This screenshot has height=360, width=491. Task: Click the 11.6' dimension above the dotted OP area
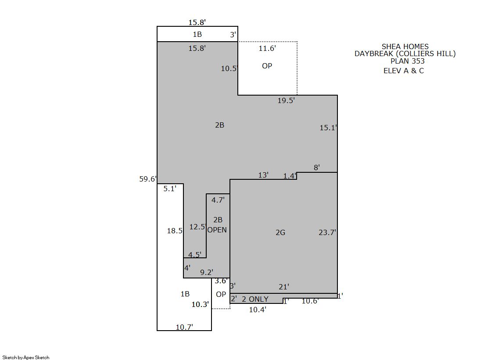coord(267,48)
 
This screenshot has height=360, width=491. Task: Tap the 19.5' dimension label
coord(286,100)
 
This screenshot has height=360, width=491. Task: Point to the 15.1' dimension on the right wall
coord(328,128)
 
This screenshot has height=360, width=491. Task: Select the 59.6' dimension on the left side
coord(148,179)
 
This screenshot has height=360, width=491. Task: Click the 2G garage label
coord(280,232)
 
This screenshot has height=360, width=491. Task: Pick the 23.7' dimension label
coord(327,232)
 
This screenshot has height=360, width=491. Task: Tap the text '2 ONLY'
coord(255,299)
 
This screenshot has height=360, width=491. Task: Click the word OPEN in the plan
coord(217,230)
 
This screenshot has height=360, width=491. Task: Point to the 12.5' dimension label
coord(197,227)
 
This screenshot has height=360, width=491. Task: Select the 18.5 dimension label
coord(175,231)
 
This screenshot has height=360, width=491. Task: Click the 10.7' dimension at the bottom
coord(184,327)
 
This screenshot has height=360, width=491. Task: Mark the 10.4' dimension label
coord(258,310)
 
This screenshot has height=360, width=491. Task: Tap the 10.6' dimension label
coord(310,301)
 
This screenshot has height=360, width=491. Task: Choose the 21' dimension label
coord(284,287)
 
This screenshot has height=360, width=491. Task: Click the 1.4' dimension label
coord(290,176)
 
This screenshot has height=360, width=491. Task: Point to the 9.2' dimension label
coord(207,272)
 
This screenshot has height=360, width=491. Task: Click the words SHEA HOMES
coord(405,46)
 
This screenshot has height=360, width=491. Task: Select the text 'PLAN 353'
coord(407,61)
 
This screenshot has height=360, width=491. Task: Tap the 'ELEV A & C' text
coord(404,71)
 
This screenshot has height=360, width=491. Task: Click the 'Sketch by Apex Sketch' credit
coord(26,357)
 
